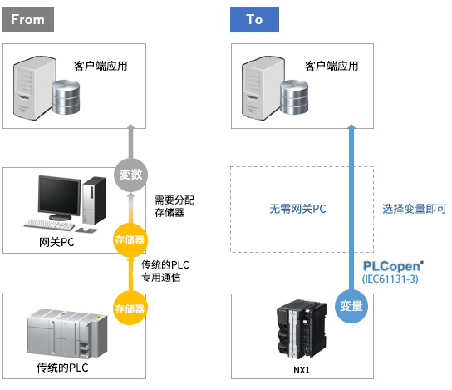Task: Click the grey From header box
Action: coord(28,20)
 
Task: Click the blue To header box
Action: coord(254,20)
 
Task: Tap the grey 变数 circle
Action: coord(131,175)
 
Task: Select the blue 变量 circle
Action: coord(351,306)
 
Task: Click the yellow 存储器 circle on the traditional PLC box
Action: coord(130,309)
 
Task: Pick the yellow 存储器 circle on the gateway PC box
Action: coord(130,239)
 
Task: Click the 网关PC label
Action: coord(56,242)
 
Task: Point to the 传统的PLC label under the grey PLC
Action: coord(62,368)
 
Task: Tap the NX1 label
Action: coord(302,370)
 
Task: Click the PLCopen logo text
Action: coord(393,266)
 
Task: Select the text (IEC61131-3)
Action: coord(390,279)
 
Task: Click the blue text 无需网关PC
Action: coord(297,209)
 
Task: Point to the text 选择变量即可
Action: coord(415,209)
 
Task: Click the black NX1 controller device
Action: coord(302,329)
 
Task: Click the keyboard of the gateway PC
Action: coord(50,225)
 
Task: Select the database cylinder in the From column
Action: coord(66,97)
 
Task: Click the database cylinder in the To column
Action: coord(294,97)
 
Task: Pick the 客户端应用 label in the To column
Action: coord(332,66)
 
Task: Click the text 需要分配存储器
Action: coord(174,206)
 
